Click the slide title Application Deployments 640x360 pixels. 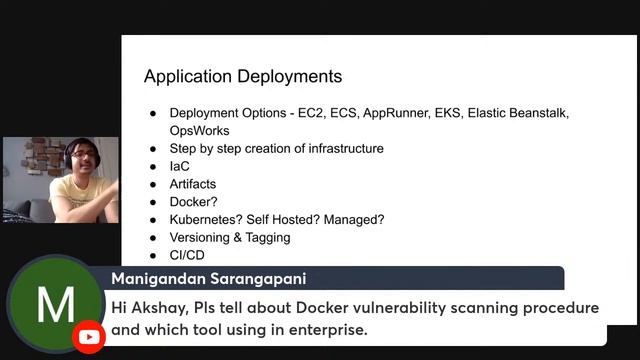[x=242, y=76]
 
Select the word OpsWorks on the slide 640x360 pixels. [x=199, y=131]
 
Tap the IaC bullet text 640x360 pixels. [x=179, y=166]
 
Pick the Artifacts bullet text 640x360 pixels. [x=192, y=184]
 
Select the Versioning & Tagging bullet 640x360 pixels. [x=229, y=238]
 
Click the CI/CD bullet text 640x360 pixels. [x=186, y=256]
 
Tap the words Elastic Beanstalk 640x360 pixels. [x=518, y=113]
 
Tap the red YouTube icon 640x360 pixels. [x=89, y=337]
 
